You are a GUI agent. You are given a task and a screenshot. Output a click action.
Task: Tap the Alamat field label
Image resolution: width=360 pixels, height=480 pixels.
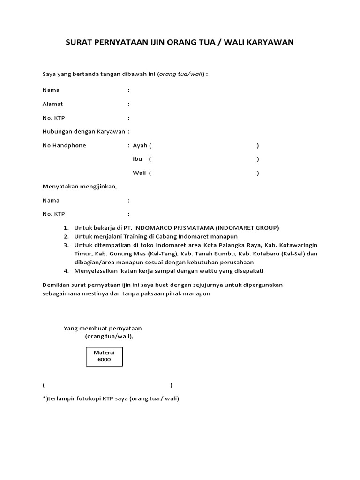52,104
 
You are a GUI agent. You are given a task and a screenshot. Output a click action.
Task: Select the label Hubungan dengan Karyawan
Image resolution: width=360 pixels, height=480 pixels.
84,132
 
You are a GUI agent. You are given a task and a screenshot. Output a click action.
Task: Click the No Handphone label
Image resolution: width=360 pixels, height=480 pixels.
64,145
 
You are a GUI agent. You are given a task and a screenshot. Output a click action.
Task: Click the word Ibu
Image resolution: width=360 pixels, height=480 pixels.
137,159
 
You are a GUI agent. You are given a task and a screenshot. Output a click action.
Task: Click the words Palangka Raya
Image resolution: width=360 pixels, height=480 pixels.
222,245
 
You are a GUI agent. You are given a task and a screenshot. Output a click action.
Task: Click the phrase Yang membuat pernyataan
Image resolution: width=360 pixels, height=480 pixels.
103,328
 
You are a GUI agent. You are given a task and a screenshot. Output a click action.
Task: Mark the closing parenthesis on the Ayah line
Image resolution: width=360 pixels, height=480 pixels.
258,146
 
